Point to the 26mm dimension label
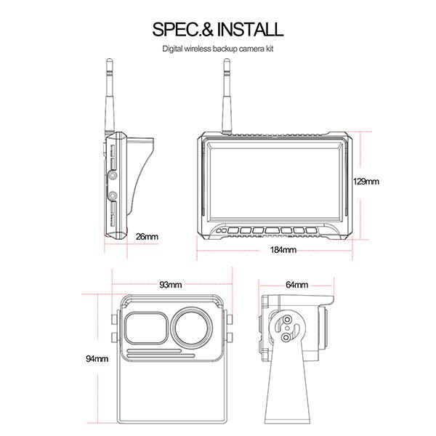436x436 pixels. click(x=147, y=236)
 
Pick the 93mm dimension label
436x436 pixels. click(x=171, y=284)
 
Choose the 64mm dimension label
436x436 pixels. click(x=297, y=284)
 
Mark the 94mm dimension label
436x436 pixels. click(x=97, y=358)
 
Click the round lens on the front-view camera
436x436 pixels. click(x=193, y=328)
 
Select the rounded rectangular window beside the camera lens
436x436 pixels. click(x=146, y=328)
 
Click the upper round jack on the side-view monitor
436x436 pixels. click(x=114, y=176)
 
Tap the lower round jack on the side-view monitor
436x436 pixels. click(x=114, y=195)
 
